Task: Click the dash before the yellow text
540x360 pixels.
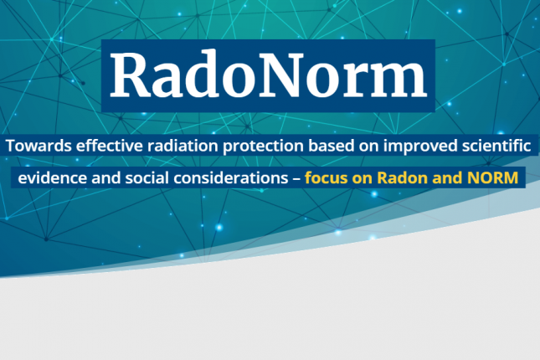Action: tap(296, 179)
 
